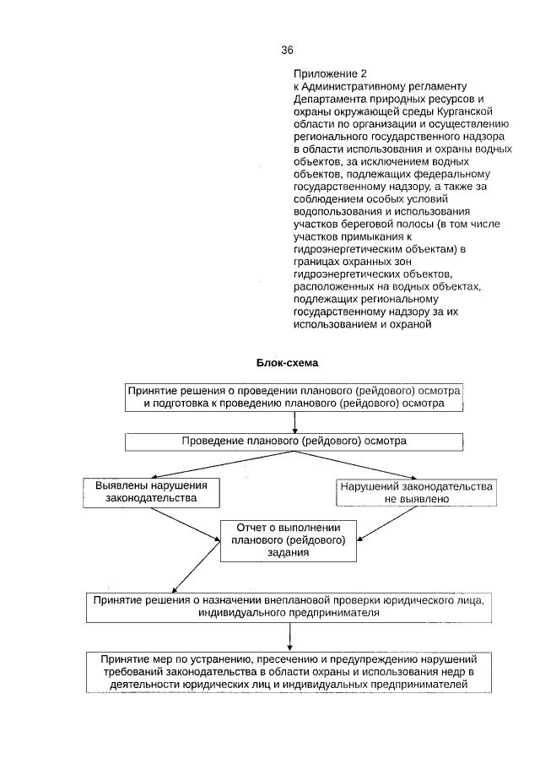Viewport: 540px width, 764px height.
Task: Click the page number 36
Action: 287,50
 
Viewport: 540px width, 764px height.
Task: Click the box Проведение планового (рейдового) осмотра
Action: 294,442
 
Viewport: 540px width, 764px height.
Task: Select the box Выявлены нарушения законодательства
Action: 151,492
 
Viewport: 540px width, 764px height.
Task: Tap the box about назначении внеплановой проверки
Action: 289,606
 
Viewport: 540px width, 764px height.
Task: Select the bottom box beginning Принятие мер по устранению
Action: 289,671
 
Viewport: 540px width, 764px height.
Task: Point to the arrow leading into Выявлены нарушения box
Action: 202,466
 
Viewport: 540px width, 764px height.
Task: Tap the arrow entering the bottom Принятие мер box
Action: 289,636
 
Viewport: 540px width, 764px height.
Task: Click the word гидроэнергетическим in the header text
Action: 346,251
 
